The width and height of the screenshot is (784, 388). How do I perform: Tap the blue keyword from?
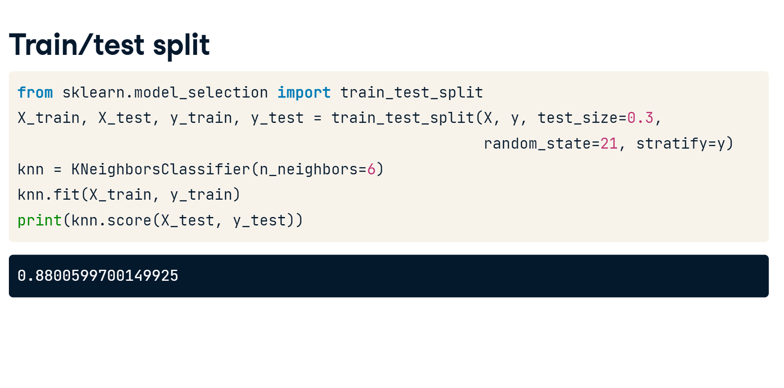(35, 92)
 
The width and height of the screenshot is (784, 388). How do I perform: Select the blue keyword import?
(304, 92)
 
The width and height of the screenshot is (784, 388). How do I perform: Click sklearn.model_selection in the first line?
(165, 92)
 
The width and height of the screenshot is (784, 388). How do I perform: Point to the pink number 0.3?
(640, 118)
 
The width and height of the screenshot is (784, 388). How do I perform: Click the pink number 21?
(609, 144)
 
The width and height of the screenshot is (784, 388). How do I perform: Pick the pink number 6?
(372, 169)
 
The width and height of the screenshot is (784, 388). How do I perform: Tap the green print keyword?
(40, 220)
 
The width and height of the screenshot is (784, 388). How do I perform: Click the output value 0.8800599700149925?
(98, 276)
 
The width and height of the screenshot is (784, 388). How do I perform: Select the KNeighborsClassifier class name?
(161, 169)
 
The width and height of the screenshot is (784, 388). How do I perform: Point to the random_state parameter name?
(537, 144)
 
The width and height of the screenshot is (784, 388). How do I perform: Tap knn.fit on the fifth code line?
(49, 195)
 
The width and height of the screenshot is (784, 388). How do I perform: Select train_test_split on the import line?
(412, 93)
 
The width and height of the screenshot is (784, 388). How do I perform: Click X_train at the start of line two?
(49, 118)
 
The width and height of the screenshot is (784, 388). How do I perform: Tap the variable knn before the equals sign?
(31, 169)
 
